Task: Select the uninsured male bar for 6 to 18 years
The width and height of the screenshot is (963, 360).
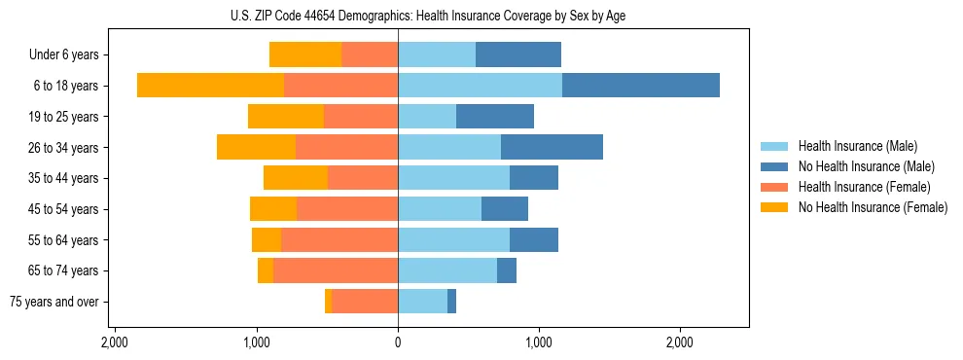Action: [641, 85]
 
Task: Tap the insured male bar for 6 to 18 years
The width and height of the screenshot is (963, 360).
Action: [480, 85]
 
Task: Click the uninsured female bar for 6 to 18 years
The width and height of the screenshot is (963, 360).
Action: [210, 85]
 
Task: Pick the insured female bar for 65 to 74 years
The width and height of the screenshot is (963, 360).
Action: [336, 270]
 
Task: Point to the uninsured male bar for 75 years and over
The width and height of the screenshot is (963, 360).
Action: [452, 302]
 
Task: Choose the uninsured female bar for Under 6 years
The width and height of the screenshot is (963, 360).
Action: [305, 54]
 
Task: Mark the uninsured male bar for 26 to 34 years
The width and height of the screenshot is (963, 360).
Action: [552, 147]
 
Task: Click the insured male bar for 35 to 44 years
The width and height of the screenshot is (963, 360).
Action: [453, 178]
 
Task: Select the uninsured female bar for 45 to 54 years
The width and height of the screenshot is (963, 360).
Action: [273, 209]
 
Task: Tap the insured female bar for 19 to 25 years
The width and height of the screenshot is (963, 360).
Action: [361, 117]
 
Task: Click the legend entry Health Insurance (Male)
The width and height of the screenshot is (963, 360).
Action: [856, 146]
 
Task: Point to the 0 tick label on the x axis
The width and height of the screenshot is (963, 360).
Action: [398, 343]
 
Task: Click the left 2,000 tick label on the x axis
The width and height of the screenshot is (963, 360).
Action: [115, 343]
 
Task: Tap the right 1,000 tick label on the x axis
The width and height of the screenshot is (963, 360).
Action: [539, 343]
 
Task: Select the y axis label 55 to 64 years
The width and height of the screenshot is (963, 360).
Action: [64, 240]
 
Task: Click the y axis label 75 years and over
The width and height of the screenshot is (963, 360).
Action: [54, 302]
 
